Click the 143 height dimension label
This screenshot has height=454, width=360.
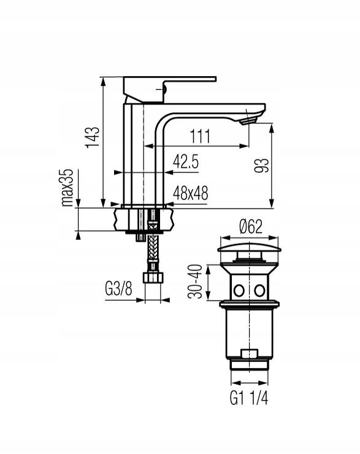[x=93, y=137]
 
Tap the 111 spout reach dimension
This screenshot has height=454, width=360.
[x=200, y=136]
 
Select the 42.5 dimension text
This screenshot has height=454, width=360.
[x=186, y=161]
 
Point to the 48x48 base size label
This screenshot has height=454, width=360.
[x=190, y=193]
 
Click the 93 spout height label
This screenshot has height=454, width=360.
[x=262, y=165]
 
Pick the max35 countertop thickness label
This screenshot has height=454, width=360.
[x=67, y=187]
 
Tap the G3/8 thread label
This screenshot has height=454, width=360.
[x=118, y=288]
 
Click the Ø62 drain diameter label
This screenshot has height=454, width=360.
[x=251, y=226]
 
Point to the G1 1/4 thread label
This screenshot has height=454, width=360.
[x=249, y=398]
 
